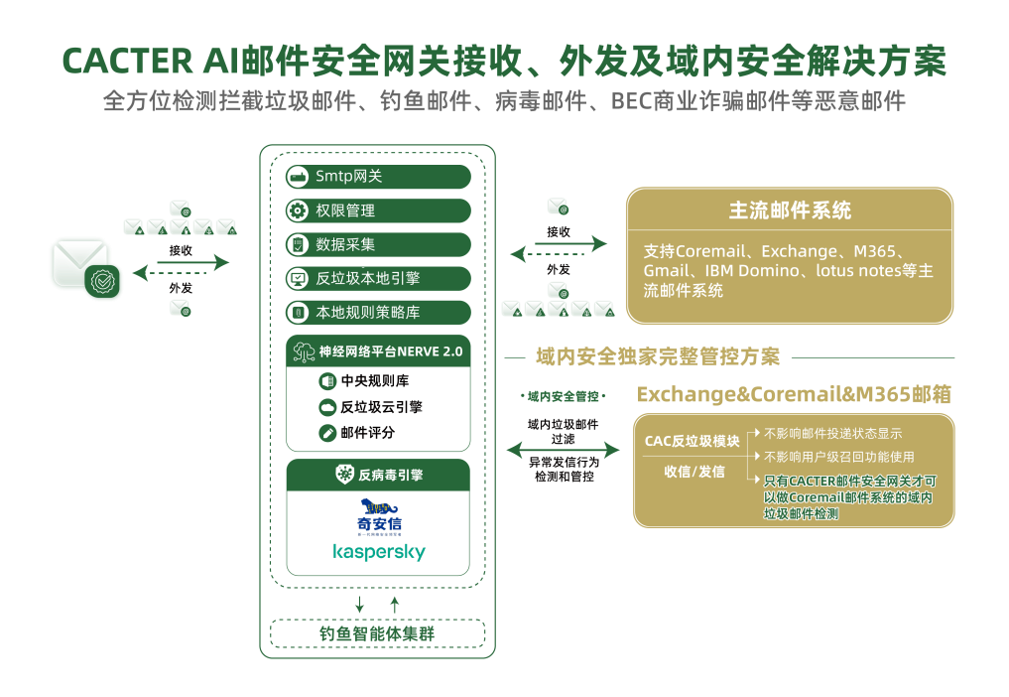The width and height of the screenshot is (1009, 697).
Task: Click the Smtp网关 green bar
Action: pyautogui.click(x=378, y=177)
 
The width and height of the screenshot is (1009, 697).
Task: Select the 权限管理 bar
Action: pyautogui.click(x=378, y=210)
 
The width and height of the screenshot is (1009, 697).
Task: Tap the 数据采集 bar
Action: pyautogui.click(x=378, y=244)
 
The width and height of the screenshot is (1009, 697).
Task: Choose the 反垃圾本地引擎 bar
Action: pyautogui.click(x=378, y=278)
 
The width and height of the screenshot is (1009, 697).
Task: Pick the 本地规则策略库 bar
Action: pyautogui.click(x=378, y=312)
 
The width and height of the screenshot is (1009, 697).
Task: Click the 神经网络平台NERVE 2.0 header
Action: pyautogui.click(x=378, y=351)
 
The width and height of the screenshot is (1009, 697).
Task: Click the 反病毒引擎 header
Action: pyautogui.click(x=378, y=475)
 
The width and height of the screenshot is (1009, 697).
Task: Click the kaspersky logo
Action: pyautogui.click(x=378, y=551)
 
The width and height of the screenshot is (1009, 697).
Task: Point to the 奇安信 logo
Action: pyautogui.click(x=378, y=516)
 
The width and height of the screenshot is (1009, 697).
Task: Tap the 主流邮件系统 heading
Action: pyautogui.click(x=790, y=210)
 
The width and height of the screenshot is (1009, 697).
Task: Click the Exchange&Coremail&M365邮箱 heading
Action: pyautogui.click(x=794, y=394)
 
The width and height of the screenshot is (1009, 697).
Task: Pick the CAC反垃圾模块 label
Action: pyautogui.click(x=692, y=441)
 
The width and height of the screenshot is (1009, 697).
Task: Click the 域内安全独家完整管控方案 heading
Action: pyautogui.click(x=658, y=357)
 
